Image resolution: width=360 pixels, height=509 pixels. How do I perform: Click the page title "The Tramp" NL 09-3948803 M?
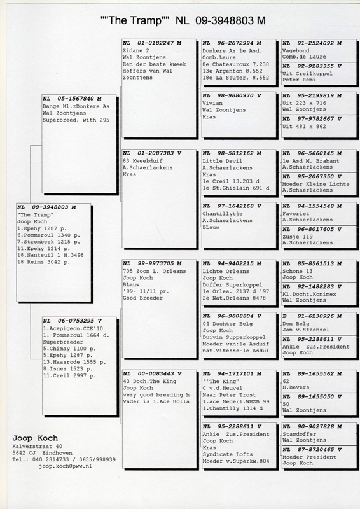point(183,21)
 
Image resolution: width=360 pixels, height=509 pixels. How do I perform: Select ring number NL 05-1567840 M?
point(72,99)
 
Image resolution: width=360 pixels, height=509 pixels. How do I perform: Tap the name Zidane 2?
point(136,51)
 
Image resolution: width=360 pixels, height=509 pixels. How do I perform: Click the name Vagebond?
point(296,51)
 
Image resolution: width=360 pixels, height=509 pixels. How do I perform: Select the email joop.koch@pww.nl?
point(66,466)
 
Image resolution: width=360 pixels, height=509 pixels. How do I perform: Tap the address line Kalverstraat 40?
point(38,447)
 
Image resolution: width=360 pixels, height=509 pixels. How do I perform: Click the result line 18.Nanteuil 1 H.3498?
point(50,256)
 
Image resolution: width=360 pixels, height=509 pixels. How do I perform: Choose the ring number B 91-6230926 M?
point(312,316)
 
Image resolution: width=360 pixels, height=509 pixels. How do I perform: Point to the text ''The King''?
point(221,381)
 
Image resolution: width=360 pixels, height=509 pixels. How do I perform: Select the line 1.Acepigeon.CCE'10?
point(73,328)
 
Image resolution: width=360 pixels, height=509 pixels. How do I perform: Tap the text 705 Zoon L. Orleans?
point(155,271)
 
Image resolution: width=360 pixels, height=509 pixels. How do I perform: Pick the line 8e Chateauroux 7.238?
point(236,64)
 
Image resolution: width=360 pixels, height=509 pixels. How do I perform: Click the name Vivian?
point(212,103)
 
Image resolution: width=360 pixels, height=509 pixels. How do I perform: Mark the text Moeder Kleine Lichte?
point(316,184)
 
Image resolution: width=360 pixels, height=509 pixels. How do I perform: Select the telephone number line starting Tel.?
point(64,459)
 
